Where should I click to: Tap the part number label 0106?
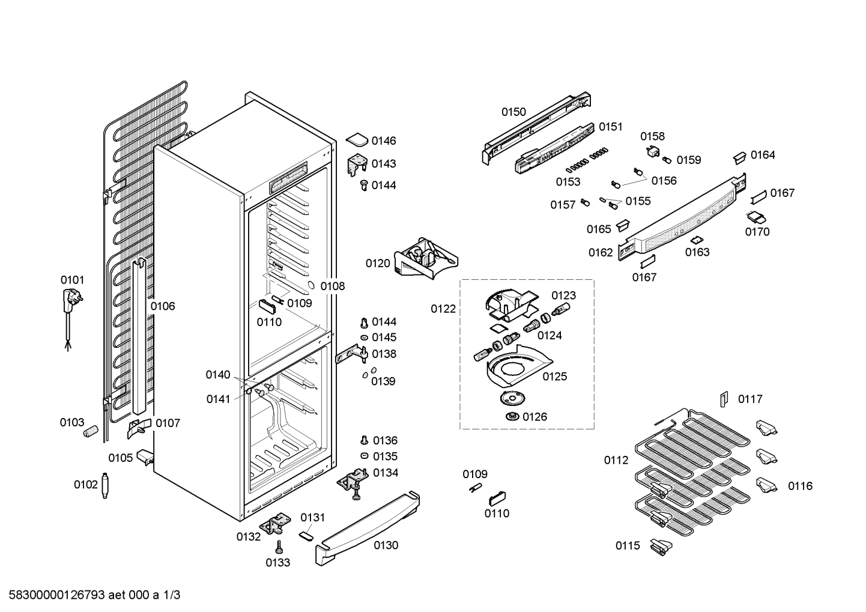[x=163, y=306]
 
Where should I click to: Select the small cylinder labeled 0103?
[x=91, y=431]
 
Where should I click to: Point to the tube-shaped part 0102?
[x=104, y=485]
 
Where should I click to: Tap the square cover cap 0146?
[x=357, y=140]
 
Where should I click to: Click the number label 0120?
[x=378, y=264]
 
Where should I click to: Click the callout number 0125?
[x=555, y=377]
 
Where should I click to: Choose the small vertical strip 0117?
[x=724, y=399]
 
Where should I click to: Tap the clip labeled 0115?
[x=661, y=547]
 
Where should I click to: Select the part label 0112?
[x=616, y=460]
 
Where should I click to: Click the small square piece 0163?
[x=695, y=240]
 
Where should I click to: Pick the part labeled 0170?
[x=756, y=217]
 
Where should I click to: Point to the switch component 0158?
[x=653, y=152]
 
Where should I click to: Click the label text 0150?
[x=514, y=112]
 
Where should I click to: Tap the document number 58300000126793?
[x=57, y=595]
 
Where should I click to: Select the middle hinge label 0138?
[x=384, y=354]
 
